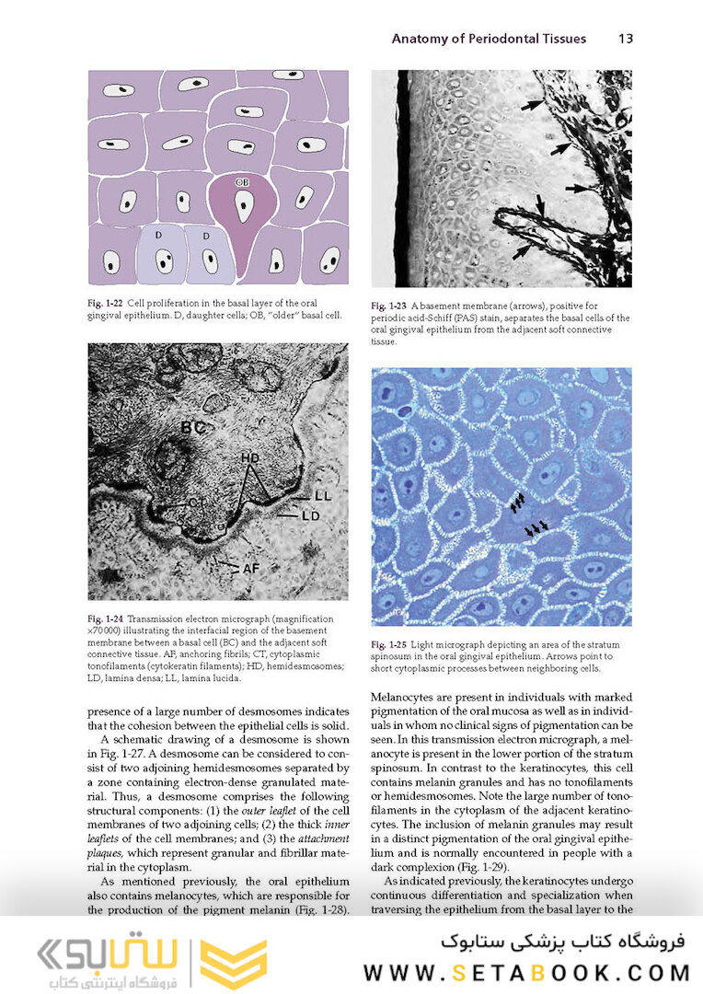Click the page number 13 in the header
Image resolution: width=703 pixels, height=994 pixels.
[625, 39]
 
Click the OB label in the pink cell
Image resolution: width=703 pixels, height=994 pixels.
[242, 182]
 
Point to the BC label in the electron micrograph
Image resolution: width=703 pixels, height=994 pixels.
[191, 427]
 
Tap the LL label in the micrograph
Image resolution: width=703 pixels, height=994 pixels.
[321, 496]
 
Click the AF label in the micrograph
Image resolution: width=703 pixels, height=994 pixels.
[250, 569]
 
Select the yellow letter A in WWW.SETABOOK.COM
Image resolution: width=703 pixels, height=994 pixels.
[536, 973]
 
